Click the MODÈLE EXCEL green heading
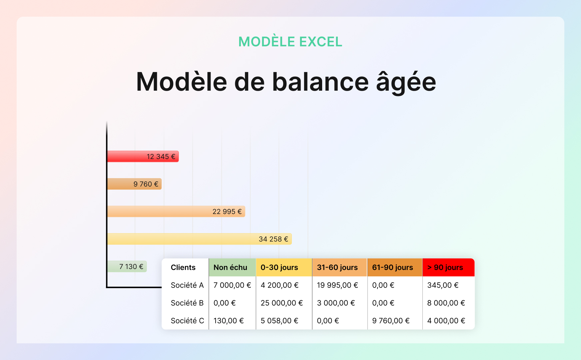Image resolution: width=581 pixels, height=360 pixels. click(x=290, y=42)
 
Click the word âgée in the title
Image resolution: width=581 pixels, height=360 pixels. click(x=406, y=82)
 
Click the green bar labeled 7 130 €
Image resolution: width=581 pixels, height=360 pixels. click(x=127, y=266)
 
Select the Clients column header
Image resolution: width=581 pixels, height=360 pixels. click(x=183, y=267)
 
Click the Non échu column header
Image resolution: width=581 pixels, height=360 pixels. click(x=230, y=267)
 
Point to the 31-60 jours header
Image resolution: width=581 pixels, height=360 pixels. click(x=337, y=267)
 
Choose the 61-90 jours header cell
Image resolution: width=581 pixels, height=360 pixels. click(x=392, y=267)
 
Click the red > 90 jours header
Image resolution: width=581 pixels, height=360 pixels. click(x=445, y=267)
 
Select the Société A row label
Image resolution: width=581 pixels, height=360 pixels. click(x=187, y=285)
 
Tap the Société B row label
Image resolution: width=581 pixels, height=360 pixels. click(x=187, y=303)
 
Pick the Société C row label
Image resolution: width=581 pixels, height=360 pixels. click(x=187, y=321)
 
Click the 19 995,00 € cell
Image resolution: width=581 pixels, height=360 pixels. click(x=337, y=285)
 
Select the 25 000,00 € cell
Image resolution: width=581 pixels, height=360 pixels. click(x=282, y=303)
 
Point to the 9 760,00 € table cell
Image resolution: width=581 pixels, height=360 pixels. click(x=391, y=321)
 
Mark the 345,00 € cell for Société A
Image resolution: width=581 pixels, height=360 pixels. click(x=443, y=285)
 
